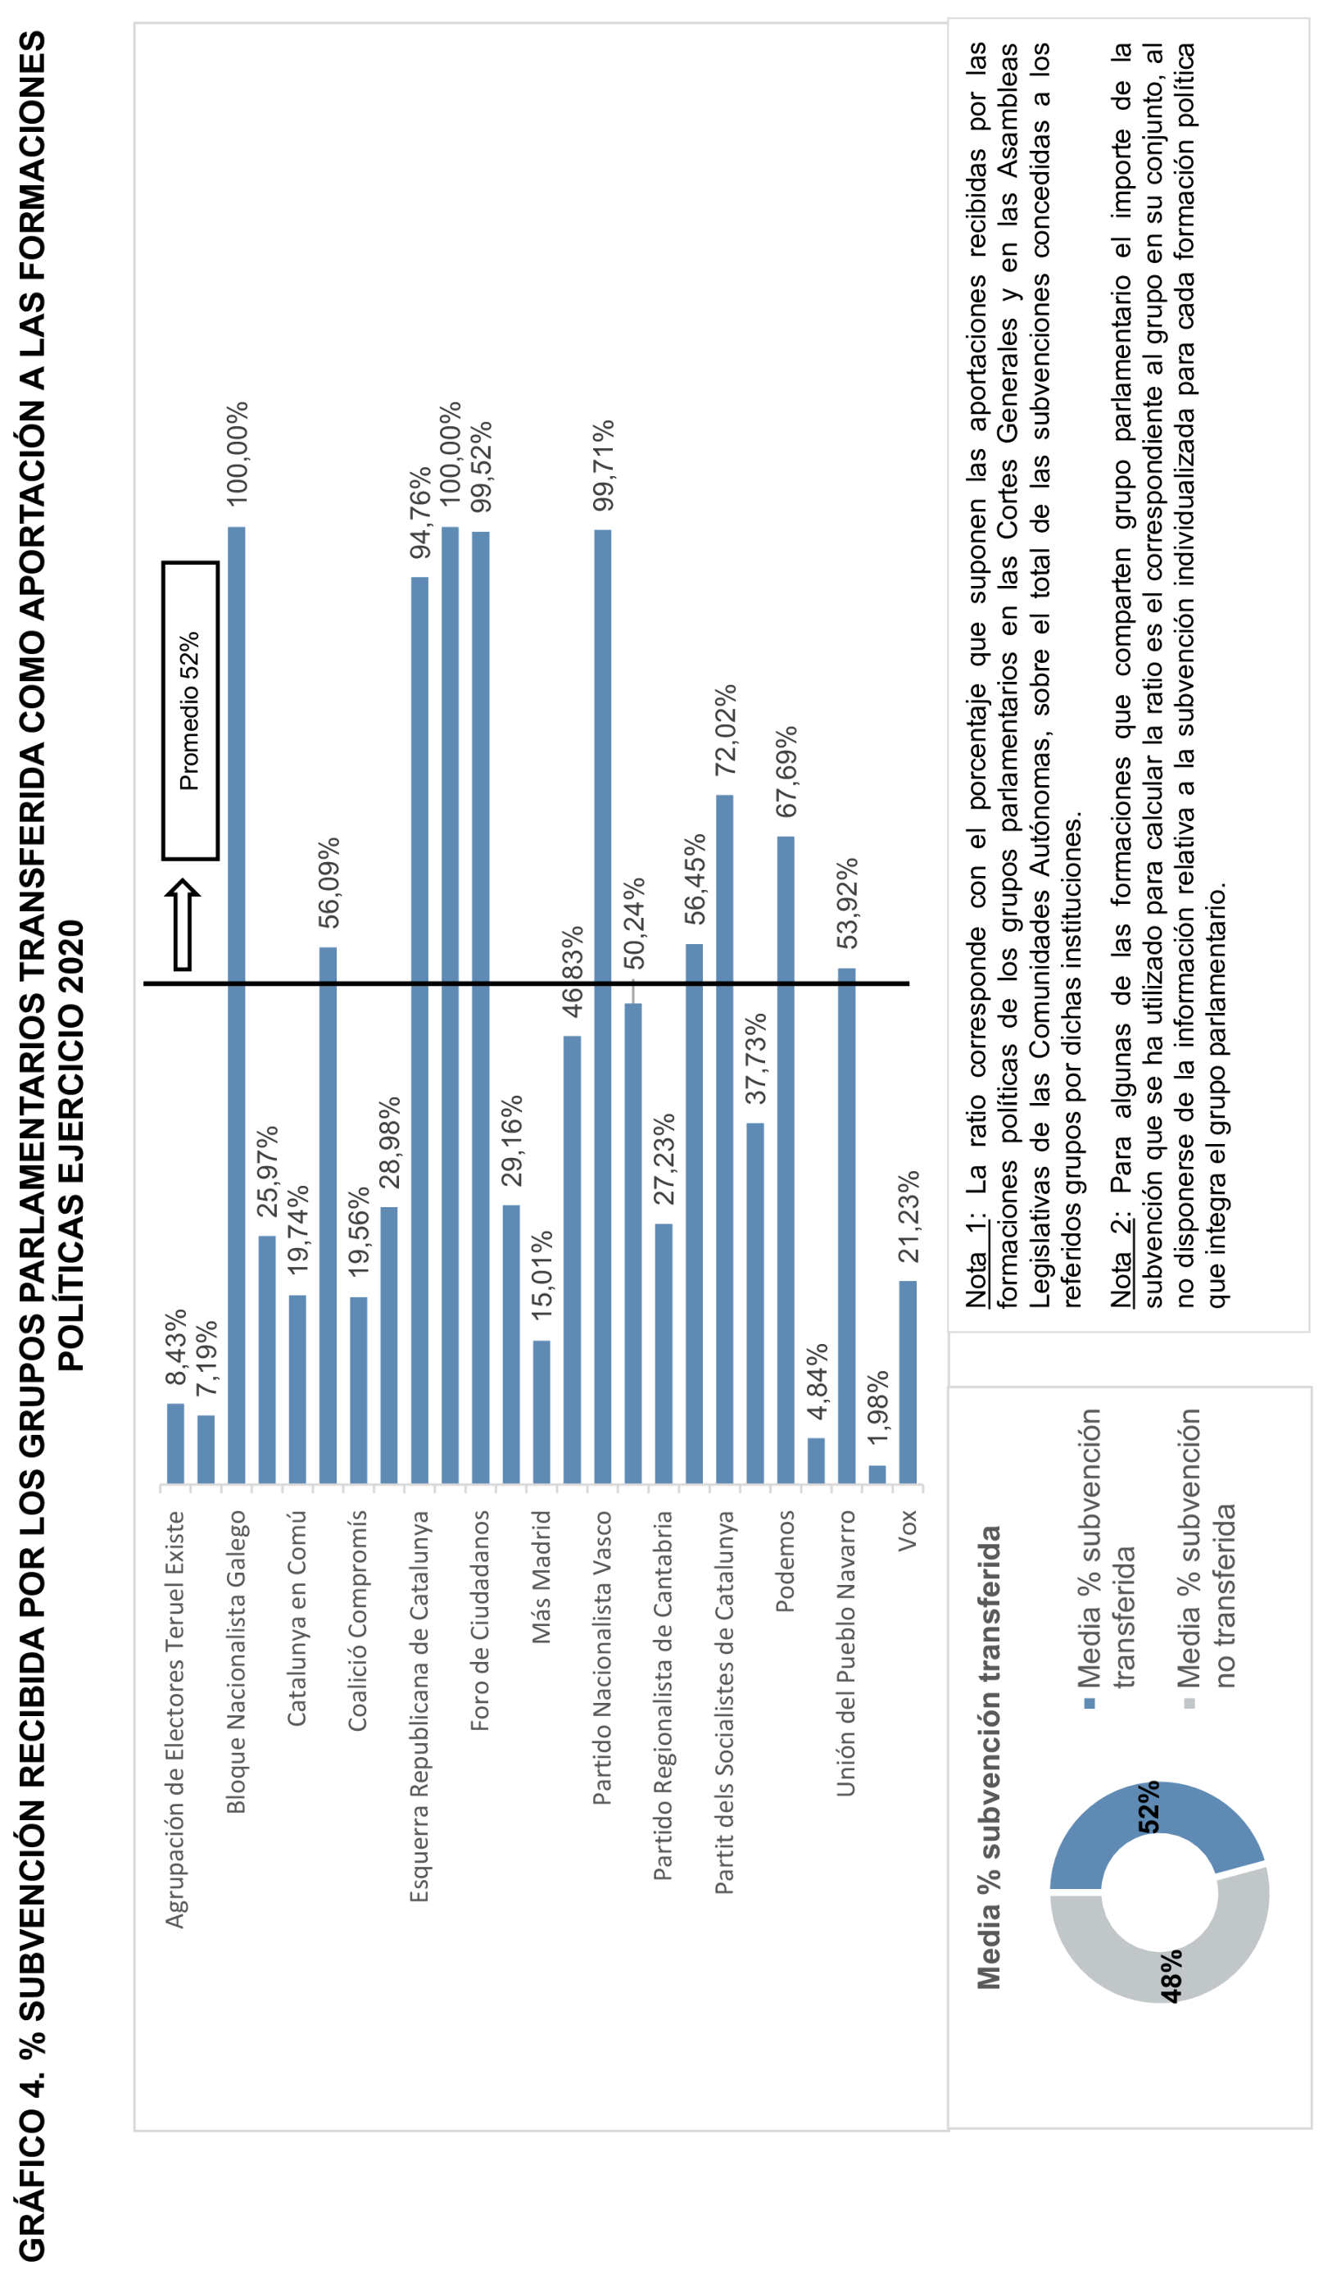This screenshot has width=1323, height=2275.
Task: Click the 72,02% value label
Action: [x=725, y=730]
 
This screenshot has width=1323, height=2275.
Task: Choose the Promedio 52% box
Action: [x=190, y=711]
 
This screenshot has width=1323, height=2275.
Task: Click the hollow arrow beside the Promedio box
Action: [x=183, y=924]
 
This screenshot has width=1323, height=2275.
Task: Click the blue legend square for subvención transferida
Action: [x=1090, y=1704]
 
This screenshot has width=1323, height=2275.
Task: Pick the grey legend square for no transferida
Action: [x=1189, y=1704]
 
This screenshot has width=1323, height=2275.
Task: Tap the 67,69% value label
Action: [x=786, y=772]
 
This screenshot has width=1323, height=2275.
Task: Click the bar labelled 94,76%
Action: [x=419, y=1029]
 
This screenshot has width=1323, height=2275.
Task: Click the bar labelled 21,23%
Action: [x=908, y=1381]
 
